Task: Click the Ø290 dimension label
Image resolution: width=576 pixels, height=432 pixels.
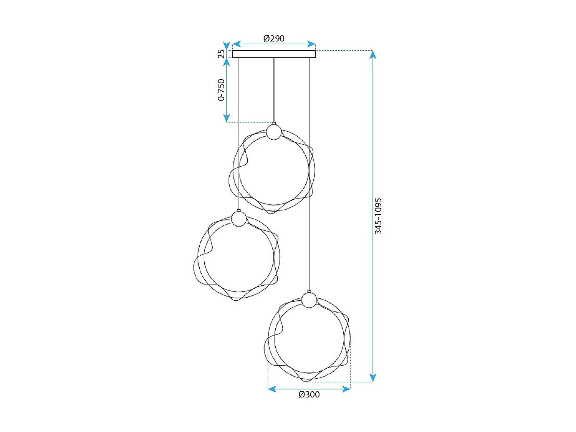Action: (x=274, y=38)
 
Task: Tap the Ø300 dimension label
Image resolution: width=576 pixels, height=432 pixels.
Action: (x=309, y=394)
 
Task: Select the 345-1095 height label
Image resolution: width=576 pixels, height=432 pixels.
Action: (x=378, y=216)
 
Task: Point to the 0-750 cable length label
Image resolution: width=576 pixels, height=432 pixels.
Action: (x=221, y=90)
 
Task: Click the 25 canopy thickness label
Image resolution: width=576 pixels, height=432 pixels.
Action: (x=221, y=53)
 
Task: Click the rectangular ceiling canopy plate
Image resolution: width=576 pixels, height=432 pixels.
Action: (x=274, y=54)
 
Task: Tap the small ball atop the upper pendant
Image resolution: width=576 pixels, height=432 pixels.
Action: (x=274, y=132)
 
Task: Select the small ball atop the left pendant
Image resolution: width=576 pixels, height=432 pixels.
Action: (x=239, y=219)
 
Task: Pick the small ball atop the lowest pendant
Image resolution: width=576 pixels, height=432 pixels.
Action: (x=309, y=300)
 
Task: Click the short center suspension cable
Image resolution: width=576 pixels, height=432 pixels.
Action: (x=274, y=90)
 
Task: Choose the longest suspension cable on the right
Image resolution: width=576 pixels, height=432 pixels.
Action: (x=309, y=173)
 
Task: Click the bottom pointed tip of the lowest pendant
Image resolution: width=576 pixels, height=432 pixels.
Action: (x=306, y=381)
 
